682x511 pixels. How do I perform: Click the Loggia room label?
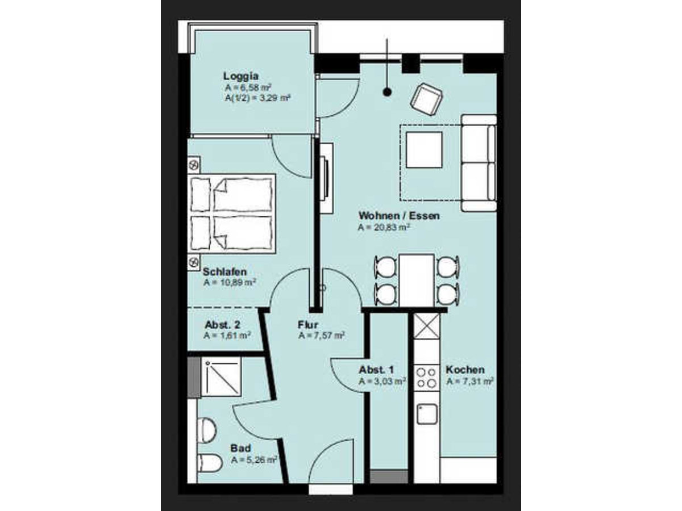pos(241,76)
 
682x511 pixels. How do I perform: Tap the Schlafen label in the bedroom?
pos(224,272)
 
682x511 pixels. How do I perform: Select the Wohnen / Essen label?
pos(399,216)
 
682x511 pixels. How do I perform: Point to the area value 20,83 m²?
pos(384,227)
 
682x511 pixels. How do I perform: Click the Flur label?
pos(307,325)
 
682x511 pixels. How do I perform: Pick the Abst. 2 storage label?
pos(222,325)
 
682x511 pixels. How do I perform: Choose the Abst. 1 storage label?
pos(376,370)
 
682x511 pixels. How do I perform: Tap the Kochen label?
pos(465,370)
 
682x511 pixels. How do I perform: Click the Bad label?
pos(240,448)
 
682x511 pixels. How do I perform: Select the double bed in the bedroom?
pos(231,213)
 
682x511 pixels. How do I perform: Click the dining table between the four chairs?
pos(417,280)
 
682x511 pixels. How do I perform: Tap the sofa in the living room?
pos(479,163)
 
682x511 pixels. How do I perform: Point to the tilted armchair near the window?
pos(426,101)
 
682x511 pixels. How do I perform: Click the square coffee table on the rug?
pos(424,150)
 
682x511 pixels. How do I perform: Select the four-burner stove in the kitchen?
pos(427,378)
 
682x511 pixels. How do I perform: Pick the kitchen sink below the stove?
pos(427,414)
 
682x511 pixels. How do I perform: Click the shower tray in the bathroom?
pos(221,376)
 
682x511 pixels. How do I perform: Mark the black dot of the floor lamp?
pos(387,92)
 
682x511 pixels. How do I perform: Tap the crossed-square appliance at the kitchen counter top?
pos(427,326)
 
